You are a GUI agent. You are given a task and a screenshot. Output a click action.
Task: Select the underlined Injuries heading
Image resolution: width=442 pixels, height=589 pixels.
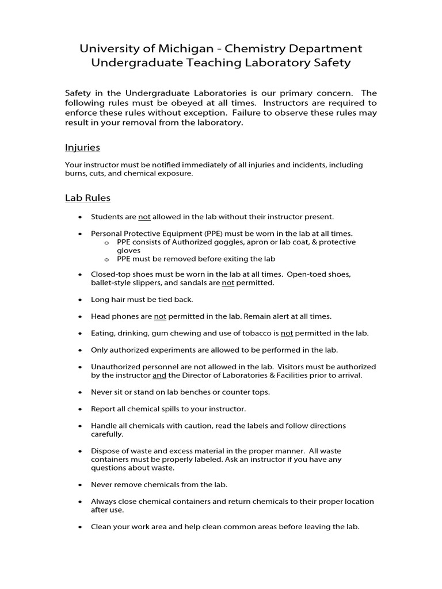82,147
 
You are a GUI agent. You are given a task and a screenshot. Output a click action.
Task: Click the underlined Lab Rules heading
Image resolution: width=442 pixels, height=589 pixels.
87,198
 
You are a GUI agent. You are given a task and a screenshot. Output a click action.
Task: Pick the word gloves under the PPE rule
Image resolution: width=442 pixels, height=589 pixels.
129,251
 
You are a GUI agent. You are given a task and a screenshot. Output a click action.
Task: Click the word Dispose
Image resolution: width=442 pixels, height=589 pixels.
105,451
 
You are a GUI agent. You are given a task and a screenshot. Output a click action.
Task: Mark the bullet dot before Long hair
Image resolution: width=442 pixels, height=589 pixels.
79,300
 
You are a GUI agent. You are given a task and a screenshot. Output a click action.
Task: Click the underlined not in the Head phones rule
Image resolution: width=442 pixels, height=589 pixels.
160,316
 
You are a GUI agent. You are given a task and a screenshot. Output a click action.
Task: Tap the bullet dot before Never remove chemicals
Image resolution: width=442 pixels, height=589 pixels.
79,485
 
